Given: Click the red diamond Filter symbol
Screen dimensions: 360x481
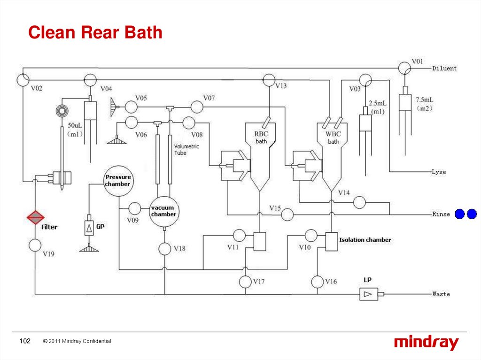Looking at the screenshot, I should click(35, 217).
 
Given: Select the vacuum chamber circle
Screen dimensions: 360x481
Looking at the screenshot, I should click(163, 211).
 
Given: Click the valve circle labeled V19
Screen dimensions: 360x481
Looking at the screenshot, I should click(35, 245).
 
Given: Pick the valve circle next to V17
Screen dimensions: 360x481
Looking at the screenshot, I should click(246, 282).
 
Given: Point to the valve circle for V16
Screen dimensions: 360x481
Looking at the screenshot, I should click(318, 282).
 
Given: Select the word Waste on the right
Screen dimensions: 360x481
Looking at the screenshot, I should click(441, 294).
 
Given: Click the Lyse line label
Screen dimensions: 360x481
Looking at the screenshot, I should click(439, 172).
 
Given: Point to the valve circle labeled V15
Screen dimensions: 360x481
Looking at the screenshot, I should click(287, 214).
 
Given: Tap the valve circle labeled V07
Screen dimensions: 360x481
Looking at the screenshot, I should click(197, 107).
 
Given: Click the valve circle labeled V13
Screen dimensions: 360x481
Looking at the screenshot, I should click(268, 80).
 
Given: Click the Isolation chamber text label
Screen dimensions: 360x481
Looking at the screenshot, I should click(365, 240).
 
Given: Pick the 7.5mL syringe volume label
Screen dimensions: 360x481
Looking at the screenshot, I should click(425, 100).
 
